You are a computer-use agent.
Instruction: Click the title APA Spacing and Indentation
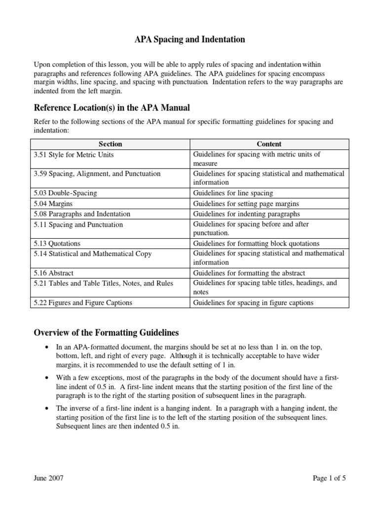pyautogui.click(x=189, y=39)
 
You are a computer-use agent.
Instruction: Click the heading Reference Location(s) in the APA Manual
pyautogui.click(x=112, y=108)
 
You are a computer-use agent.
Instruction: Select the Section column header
pyautogui.click(x=110, y=144)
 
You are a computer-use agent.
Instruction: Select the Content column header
pyautogui.click(x=269, y=144)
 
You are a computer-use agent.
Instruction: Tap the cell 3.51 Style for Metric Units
pyautogui.click(x=74, y=154)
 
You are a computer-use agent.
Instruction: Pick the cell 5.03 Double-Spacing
pyautogui.click(x=65, y=193)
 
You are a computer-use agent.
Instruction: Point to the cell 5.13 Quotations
pyautogui.click(x=57, y=244)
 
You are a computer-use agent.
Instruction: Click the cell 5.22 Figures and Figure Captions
pyautogui.click(x=83, y=303)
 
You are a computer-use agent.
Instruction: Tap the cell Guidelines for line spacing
pyautogui.click(x=233, y=193)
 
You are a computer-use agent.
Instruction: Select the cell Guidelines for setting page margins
pyautogui.click(x=246, y=204)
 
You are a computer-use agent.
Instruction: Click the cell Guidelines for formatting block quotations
pyautogui.click(x=256, y=244)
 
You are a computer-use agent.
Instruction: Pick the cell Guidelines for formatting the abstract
pyautogui.click(x=249, y=273)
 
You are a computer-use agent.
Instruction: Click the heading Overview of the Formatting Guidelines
pyautogui.click(x=106, y=332)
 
